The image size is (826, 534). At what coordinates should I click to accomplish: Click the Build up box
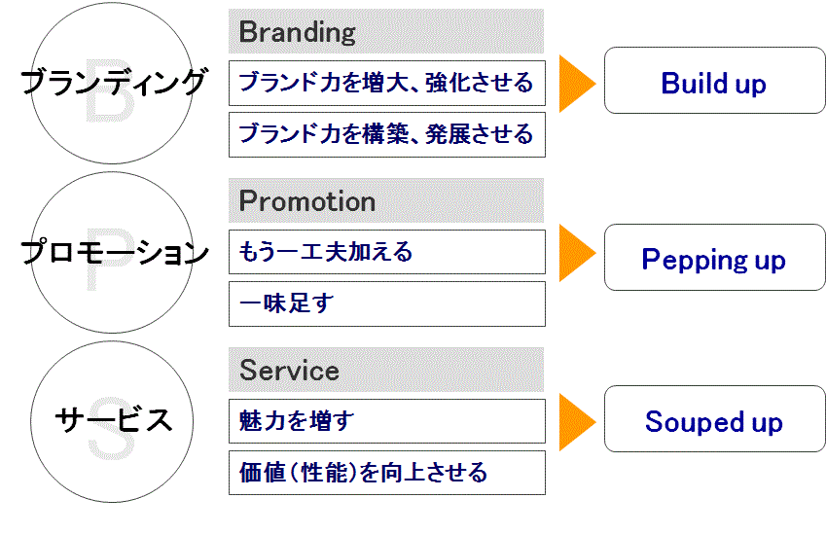714,81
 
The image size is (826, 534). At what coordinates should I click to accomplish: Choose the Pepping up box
714,258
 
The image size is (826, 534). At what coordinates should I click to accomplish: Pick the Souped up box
714,419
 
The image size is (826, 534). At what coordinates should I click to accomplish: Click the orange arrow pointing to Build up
577,84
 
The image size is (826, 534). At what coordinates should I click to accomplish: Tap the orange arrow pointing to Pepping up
577,253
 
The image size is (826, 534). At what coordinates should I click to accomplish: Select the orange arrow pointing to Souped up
577,422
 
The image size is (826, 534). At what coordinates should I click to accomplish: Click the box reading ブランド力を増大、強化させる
386,84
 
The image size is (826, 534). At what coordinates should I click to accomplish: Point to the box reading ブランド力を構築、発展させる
386,135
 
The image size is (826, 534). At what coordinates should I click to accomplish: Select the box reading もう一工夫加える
386,252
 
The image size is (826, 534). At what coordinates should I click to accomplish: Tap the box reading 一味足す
386,303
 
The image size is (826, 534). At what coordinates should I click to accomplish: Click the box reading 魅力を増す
386,421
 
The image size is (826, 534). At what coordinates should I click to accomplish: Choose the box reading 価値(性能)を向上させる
386,473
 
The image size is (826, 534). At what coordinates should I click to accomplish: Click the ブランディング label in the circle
113,83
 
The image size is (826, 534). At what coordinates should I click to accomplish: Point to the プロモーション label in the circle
114,252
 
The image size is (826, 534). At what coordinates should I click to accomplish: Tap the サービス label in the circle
114,420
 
